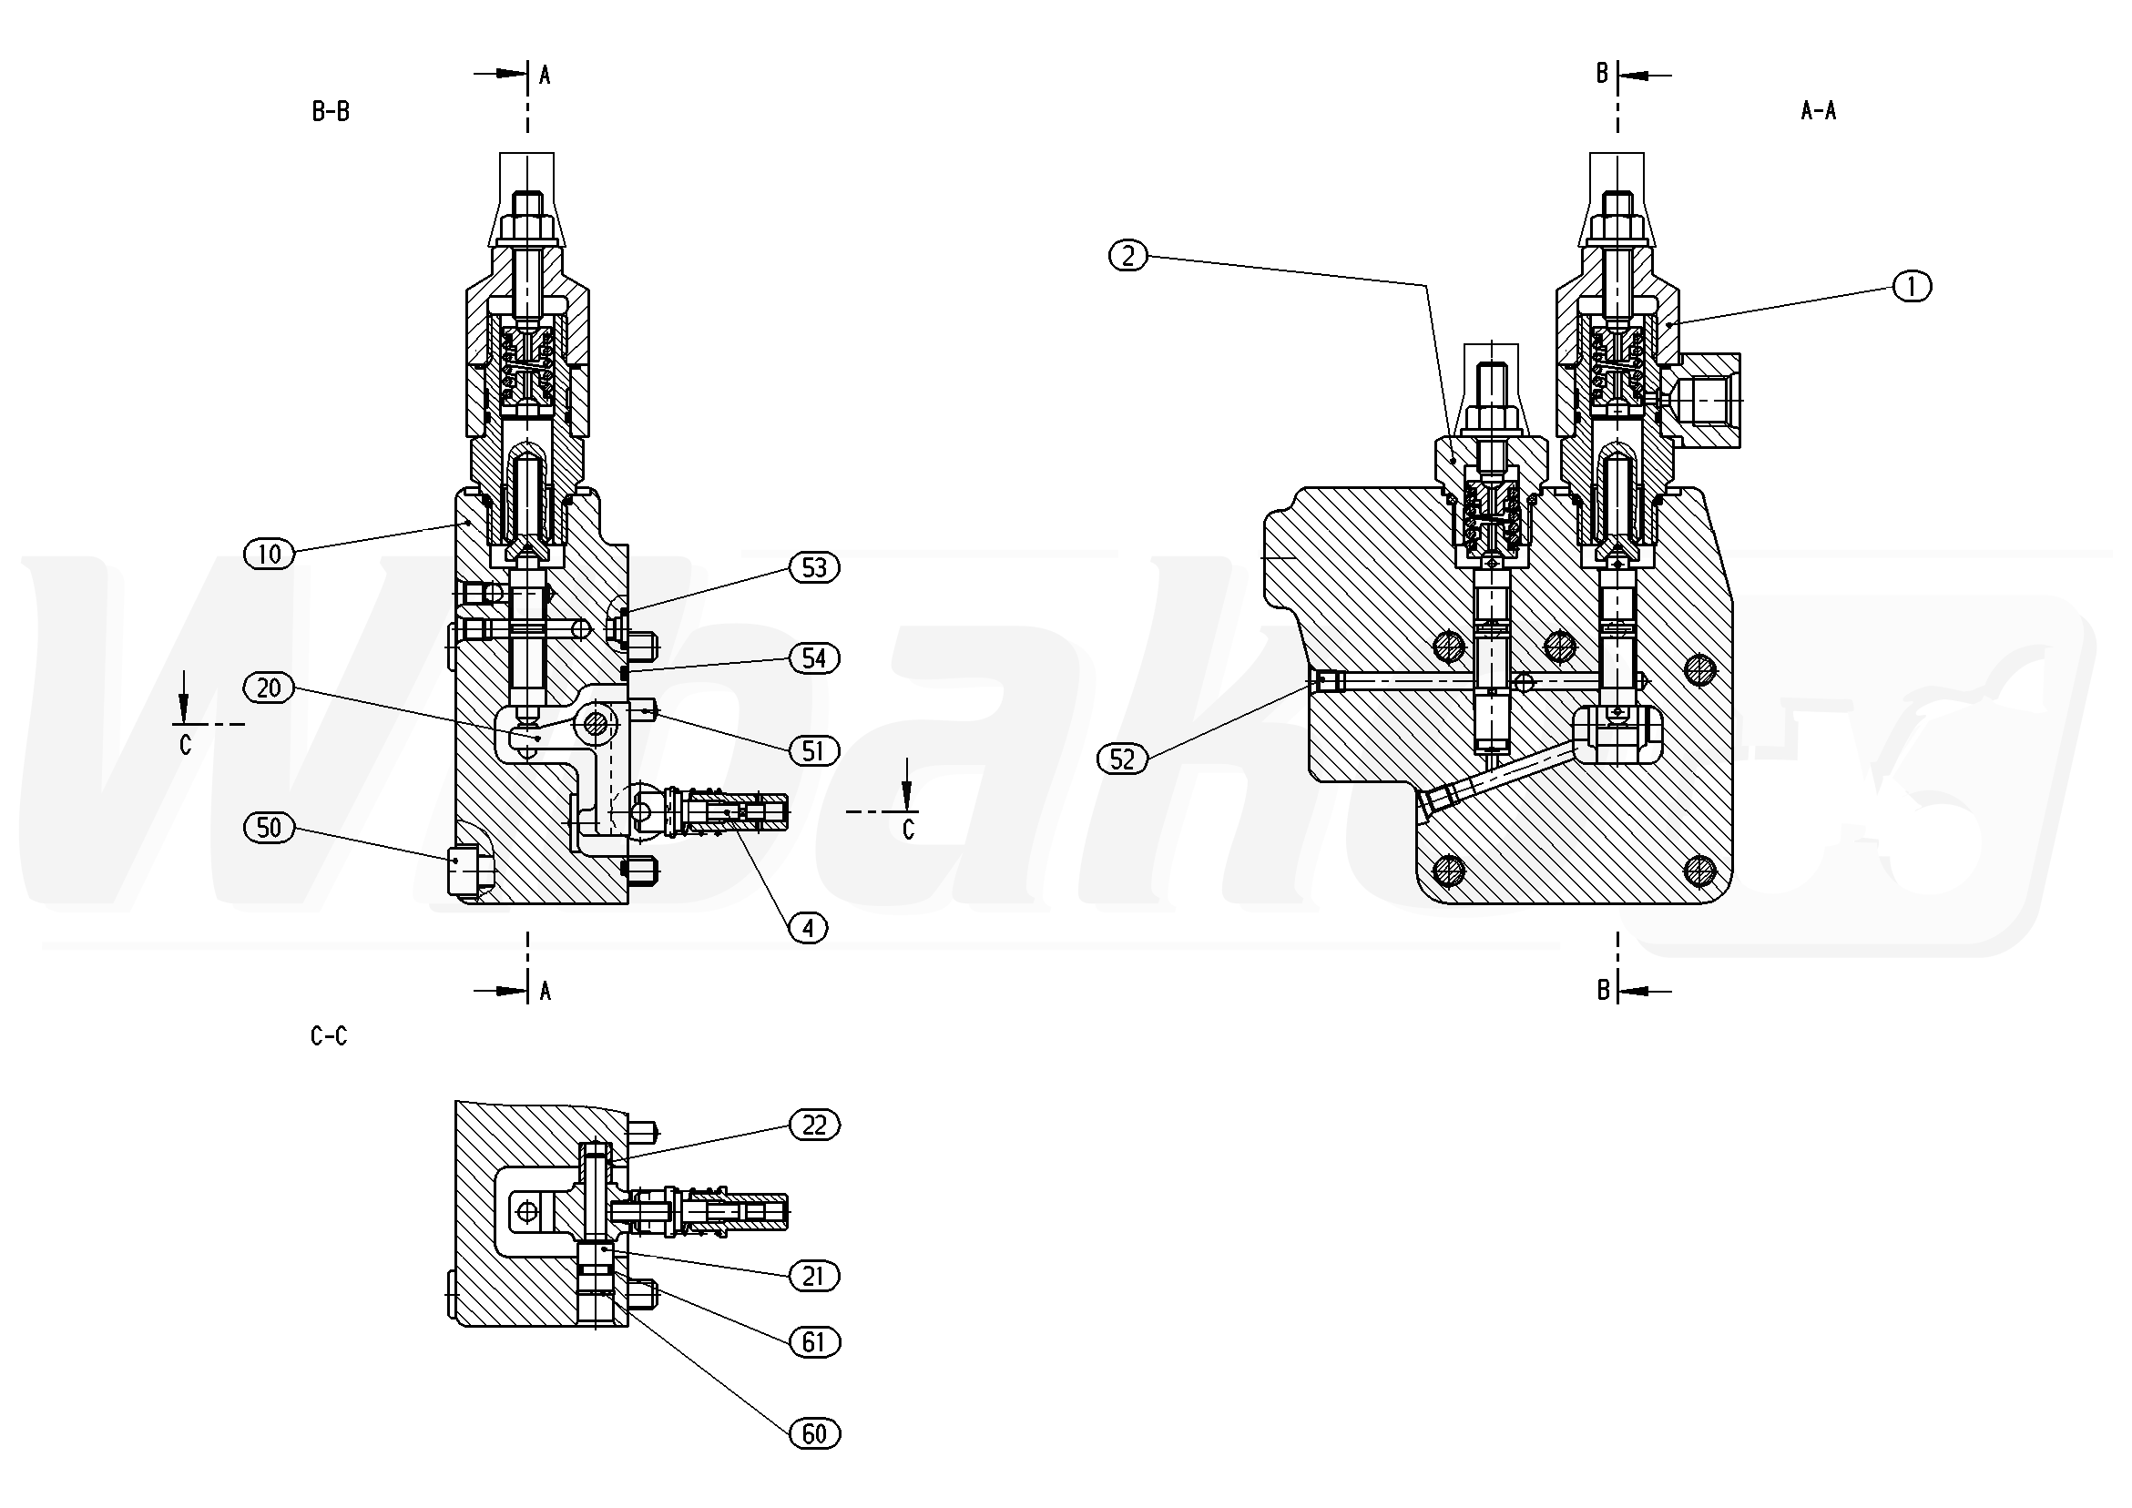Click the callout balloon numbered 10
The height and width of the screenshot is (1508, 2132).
coord(269,555)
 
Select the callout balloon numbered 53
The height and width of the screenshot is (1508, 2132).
coord(814,567)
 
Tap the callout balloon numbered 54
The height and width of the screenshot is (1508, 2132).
coord(814,658)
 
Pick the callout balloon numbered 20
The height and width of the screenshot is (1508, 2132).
coord(269,688)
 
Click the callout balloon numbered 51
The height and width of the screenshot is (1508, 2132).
coord(814,750)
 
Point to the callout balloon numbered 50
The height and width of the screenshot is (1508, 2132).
coord(269,828)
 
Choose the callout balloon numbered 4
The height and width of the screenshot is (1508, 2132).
coord(809,928)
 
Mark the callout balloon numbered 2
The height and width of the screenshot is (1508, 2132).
coord(1128,255)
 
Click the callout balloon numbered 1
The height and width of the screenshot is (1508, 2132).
coord(1911,288)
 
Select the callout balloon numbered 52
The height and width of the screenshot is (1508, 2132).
coord(1123,759)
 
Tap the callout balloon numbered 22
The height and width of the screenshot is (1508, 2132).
coord(814,1126)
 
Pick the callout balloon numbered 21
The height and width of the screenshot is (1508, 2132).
coord(814,1277)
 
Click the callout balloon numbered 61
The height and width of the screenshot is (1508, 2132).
coord(814,1342)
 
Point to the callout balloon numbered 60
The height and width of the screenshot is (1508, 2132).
coord(814,1434)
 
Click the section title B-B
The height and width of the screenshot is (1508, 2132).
coord(331,112)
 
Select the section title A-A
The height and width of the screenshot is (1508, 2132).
coord(1818,111)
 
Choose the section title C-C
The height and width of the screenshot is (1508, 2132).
coord(330,1036)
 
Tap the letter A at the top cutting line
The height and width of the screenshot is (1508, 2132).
coord(546,76)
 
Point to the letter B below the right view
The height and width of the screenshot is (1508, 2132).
coord(1603,991)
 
